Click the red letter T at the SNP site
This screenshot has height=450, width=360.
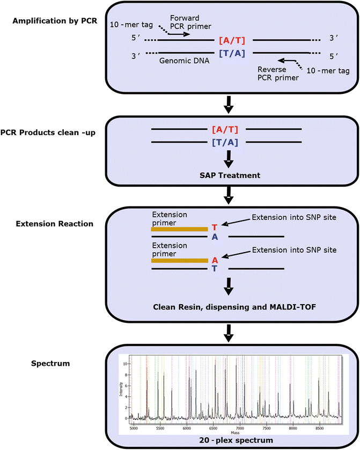click(215, 227)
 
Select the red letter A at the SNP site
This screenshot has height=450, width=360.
click(215, 260)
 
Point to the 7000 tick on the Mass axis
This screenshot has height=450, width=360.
click(239, 429)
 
